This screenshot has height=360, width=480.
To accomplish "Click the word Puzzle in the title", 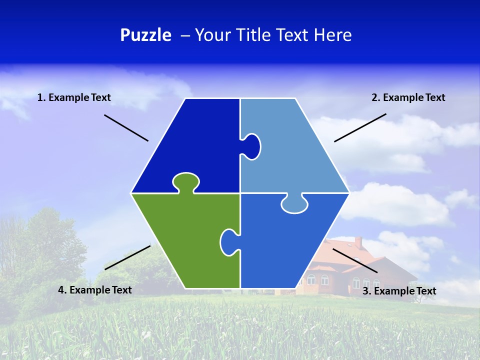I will point(145,35).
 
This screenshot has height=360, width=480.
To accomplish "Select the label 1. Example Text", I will point(74,97).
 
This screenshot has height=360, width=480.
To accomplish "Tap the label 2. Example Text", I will point(408,97).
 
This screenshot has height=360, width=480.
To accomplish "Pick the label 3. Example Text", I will point(399,291).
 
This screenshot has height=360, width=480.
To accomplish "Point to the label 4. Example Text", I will point(95,290).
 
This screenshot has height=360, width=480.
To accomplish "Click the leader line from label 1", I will point(126,128).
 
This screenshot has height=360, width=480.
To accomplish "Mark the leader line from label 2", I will point(360,127).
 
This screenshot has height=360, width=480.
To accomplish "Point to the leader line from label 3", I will point(355,260).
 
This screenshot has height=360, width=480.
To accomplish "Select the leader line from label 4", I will point(127,257).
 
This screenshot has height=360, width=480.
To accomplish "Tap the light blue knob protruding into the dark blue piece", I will point(252,146).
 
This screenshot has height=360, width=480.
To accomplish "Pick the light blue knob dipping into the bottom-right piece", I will point(294,204).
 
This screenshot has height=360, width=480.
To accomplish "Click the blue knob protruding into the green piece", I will point(228,242).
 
